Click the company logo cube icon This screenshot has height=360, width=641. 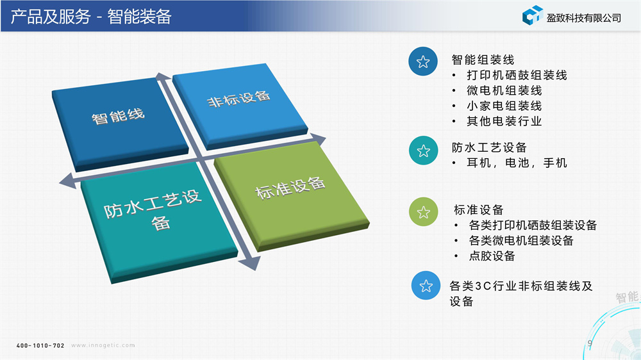click(533, 15)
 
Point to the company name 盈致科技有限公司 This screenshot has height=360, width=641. click(584, 18)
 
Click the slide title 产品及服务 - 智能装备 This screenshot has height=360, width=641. click(91, 17)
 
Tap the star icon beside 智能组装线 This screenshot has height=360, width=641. click(423, 61)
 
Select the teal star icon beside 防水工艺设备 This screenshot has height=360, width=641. click(424, 151)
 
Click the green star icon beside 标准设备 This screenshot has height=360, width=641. click(424, 211)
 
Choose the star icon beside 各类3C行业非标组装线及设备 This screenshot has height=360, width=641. click(426, 285)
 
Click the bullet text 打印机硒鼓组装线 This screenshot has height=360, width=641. click(517, 75)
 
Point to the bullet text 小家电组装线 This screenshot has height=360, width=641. click(504, 106)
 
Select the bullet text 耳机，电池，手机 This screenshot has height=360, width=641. click(517, 163)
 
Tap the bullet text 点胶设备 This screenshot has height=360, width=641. click(492, 256)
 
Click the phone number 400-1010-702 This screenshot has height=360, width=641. click(40, 346)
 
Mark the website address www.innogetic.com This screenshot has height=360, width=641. click(103, 345)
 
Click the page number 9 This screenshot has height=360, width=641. click(590, 343)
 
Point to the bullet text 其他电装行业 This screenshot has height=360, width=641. click(504, 121)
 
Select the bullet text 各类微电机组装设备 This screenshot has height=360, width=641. click(521, 240)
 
